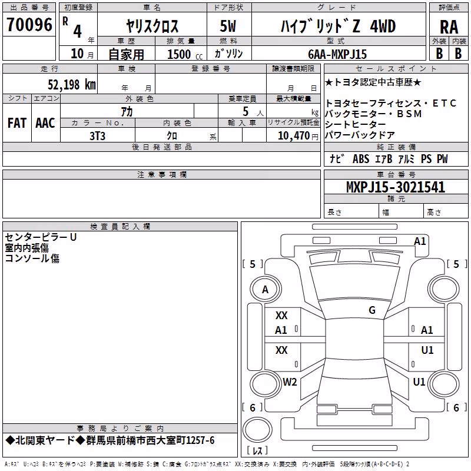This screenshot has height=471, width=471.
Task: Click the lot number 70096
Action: [29, 25]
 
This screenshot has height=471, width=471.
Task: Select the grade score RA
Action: [449, 27]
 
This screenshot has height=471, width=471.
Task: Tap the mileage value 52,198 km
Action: [72, 85]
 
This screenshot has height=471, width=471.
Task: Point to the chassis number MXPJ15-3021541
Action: [395, 187]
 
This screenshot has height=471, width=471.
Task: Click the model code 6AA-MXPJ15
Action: [337, 54]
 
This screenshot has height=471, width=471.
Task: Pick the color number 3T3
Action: [97, 136]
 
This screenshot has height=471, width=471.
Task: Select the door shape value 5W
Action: [228, 26]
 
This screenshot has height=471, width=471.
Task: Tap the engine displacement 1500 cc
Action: [185, 54]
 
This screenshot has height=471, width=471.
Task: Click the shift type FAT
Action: [17, 123]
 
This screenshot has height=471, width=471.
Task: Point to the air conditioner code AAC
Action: [45, 123]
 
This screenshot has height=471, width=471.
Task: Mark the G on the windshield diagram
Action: [372, 310]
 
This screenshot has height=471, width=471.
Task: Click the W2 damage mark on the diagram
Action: [290, 382]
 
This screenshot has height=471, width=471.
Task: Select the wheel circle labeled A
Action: [266, 290]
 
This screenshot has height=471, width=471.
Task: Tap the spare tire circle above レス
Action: [257, 430]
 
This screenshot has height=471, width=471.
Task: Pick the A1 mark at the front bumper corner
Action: [420, 241]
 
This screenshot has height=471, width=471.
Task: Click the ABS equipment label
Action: [361, 159]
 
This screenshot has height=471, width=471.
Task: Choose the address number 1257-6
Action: [200, 440]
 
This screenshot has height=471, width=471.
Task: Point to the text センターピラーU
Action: [41, 237]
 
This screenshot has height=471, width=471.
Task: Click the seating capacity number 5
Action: [246, 112]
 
